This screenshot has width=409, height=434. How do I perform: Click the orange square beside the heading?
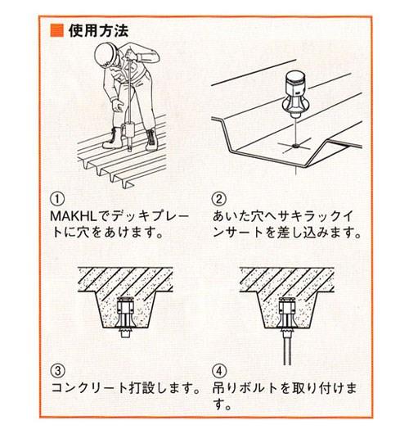(57, 30)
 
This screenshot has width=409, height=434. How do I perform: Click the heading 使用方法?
(99, 30)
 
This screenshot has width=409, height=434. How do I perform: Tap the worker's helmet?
(106, 56)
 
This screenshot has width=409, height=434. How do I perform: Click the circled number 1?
(57, 199)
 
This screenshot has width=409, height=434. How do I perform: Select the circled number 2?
(218, 199)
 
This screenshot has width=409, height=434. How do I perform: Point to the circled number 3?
(57, 370)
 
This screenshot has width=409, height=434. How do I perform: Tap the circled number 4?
(218, 370)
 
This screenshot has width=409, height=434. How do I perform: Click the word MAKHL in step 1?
(74, 217)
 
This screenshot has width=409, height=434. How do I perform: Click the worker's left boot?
(113, 138)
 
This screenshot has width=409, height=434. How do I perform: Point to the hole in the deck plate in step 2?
(295, 145)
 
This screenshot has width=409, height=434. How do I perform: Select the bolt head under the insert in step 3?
(125, 332)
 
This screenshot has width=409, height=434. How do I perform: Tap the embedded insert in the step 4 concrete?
(288, 313)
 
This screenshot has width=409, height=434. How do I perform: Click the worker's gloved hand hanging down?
(118, 106)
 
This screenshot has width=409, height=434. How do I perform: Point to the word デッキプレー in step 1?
(151, 217)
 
